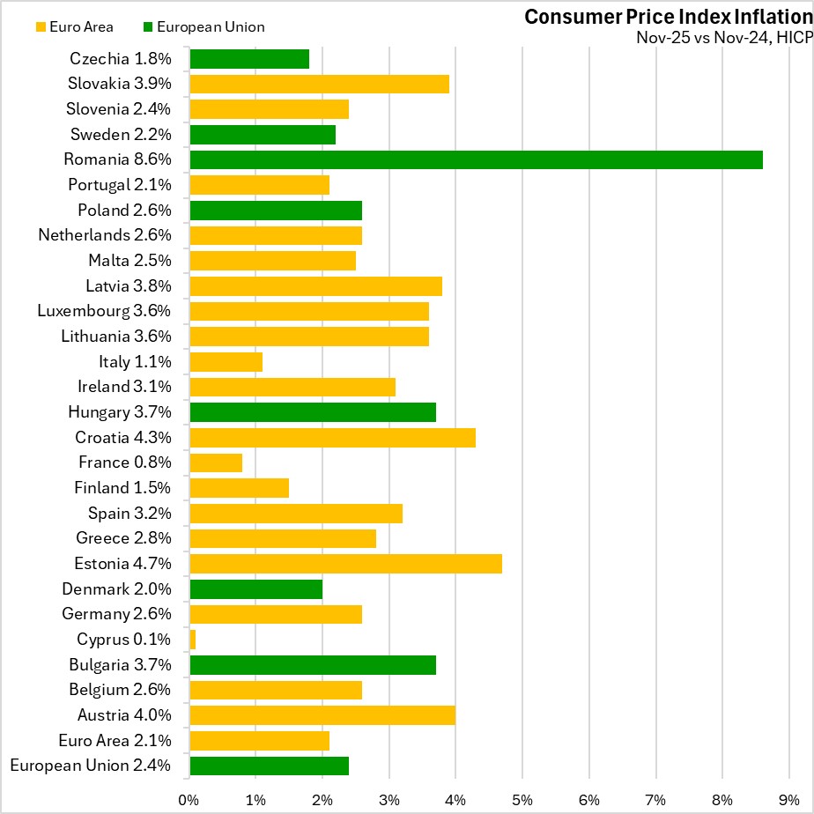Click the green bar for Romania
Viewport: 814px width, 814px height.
(476, 160)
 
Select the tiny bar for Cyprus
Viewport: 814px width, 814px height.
(192, 640)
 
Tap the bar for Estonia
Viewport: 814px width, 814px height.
(345, 564)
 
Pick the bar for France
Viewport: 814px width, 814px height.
(216, 462)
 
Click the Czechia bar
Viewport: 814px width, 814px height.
(249, 59)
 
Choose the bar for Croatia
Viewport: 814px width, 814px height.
(332, 438)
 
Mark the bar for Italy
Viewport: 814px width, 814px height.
(226, 362)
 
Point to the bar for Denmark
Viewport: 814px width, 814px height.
(255, 589)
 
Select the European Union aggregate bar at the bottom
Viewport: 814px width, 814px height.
(269, 766)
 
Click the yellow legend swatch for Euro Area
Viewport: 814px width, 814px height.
(41, 27)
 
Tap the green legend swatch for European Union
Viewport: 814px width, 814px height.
(148, 27)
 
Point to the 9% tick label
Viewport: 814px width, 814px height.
(788, 799)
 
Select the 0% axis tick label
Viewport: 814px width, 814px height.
(189, 799)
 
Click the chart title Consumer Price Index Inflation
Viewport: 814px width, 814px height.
(667, 17)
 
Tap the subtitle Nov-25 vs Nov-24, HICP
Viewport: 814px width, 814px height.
(721, 38)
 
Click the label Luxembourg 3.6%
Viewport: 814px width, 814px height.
(104, 311)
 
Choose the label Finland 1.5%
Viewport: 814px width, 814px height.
(124, 488)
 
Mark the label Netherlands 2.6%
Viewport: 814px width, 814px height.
(104, 235)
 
